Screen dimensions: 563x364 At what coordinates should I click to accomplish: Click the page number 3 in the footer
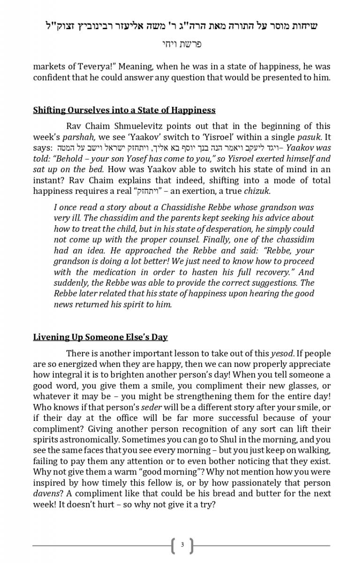182,545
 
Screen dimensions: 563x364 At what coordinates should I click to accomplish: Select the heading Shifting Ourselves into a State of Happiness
124,110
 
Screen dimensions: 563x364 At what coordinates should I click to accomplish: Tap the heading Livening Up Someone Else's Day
100,337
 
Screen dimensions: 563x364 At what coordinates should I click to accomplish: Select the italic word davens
46,494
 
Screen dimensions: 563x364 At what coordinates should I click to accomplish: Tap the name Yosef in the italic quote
136,159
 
